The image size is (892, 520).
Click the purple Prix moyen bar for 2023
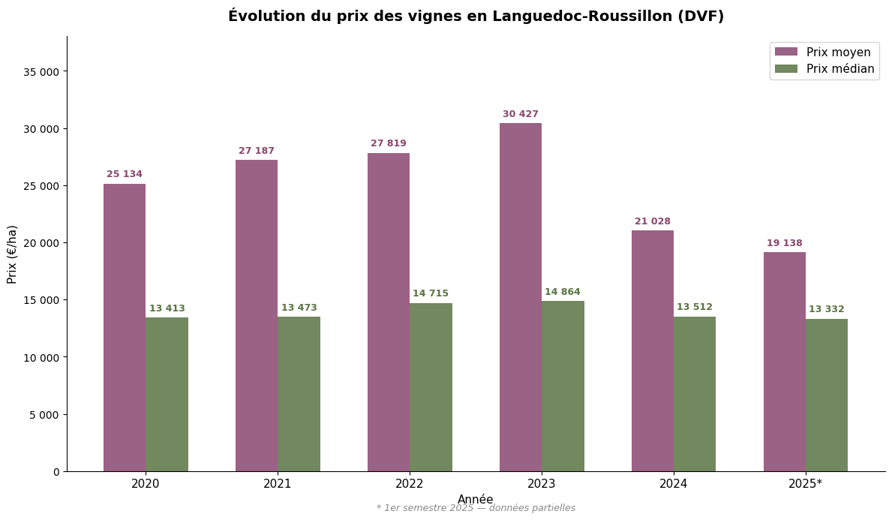tap(521, 297)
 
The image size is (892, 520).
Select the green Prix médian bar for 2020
tap(167, 394)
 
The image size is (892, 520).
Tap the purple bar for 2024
tap(653, 350)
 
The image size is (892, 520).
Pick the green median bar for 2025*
tap(827, 395)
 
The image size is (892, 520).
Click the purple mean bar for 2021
tap(257, 315)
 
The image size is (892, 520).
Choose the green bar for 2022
tap(431, 387)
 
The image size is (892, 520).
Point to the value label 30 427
tap(521, 114)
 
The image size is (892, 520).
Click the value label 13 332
tap(827, 309)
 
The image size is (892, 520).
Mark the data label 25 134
tap(125, 174)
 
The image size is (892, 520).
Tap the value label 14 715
tap(431, 293)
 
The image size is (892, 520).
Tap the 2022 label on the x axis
tap(410, 484)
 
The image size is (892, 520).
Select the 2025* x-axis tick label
tap(806, 484)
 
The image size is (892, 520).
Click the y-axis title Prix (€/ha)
tap(13, 254)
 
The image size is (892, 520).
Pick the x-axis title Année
tap(476, 500)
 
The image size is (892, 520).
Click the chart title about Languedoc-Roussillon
tap(476, 16)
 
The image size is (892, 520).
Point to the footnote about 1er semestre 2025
tap(476, 508)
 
